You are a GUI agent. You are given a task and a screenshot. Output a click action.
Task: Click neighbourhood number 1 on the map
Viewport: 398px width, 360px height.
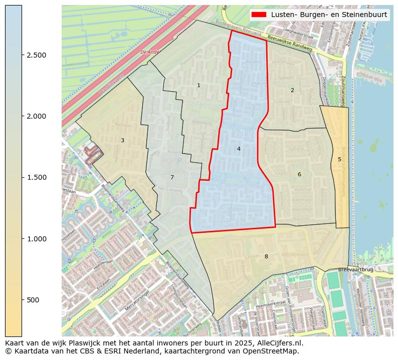[x=198, y=85]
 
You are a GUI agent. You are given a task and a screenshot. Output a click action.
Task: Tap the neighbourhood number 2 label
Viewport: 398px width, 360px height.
[x=292, y=90]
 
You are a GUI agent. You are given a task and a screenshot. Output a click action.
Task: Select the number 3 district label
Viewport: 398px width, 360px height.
[x=122, y=140]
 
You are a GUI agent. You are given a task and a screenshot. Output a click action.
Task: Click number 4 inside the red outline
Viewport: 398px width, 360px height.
[x=239, y=149]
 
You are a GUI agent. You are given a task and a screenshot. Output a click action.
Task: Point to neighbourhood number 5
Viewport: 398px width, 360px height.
[x=339, y=159]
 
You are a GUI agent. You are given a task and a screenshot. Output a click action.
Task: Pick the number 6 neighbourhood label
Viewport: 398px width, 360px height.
[x=299, y=174]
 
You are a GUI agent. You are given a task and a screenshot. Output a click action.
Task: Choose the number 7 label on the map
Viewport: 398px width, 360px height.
[x=172, y=177]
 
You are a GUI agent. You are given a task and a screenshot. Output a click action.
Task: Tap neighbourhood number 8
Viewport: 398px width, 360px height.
[x=266, y=256]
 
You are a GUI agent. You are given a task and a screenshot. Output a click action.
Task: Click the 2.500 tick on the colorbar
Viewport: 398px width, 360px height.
[x=36, y=55]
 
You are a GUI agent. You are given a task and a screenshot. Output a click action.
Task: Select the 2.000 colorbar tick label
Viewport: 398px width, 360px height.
[x=36, y=116]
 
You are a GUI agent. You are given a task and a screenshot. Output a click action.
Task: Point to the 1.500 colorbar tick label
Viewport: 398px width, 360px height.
[x=36, y=177]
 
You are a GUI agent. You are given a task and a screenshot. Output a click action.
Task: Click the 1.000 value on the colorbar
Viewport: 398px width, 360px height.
[x=36, y=239]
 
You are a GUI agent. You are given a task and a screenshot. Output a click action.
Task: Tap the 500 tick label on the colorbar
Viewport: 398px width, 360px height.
[x=33, y=300]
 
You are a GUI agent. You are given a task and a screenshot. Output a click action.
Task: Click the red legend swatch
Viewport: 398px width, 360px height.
[x=260, y=15]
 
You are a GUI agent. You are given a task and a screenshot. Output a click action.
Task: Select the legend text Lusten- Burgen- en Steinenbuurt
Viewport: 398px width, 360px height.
[x=329, y=15]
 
